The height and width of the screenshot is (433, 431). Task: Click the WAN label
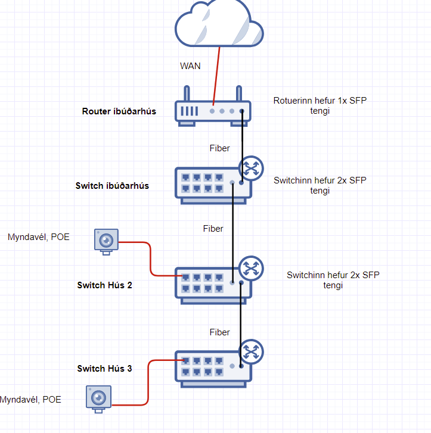tap(190, 66)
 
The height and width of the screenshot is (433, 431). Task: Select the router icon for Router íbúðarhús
tap(213, 111)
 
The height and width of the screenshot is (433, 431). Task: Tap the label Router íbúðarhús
tap(119, 111)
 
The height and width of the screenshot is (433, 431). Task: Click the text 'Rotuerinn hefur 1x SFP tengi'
tap(320, 106)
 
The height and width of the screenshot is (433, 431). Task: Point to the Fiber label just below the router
tap(219, 148)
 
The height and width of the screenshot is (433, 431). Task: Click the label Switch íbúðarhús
tap(112, 185)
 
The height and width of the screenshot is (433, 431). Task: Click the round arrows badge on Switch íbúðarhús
tap(251, 168)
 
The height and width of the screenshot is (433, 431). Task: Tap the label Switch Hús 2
tap(104, 285)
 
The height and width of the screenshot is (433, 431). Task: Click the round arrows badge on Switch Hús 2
tap(251, 269)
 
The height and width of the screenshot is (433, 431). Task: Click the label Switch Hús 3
tap(104, 369)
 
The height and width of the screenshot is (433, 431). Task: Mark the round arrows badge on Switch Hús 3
tap(251, 351)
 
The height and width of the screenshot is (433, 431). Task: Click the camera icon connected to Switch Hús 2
tap(106, 241)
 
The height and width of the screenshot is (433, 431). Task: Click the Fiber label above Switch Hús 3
tap(219, 332)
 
